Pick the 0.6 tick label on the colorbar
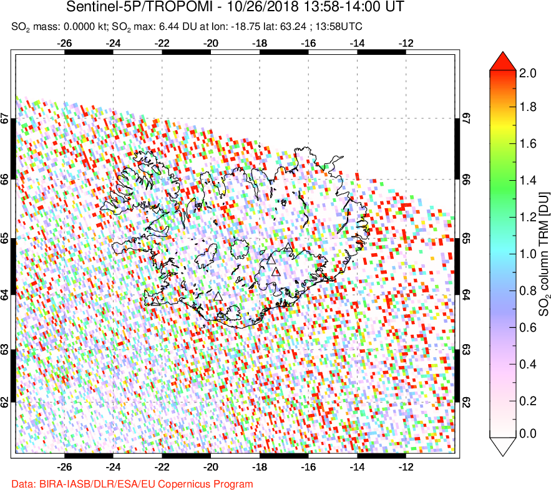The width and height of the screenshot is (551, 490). pyautogui.click(x=528, y=327)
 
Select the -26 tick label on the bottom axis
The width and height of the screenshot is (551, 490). pyautogui.click(x=64, y=466)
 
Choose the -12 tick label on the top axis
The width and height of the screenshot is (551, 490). pyautogui.click(x=406, y=44)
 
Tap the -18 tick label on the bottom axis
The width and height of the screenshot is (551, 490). pyautogui.click(x=260, y=466)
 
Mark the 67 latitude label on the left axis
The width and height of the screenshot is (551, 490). pyautogui.click(x=6, y=118)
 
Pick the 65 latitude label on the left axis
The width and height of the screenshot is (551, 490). pyautogui.click(x=6, y=239)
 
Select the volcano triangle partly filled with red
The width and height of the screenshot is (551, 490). pyautogui.click(x=276, y=271)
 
